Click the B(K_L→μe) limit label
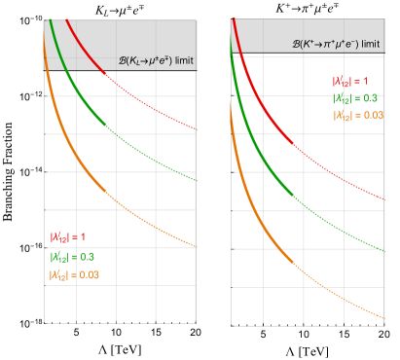point(146,62)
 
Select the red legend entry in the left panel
point(68,236)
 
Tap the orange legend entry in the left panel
point(74,275)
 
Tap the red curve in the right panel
point(292,156)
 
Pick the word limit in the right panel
point(372,44)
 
